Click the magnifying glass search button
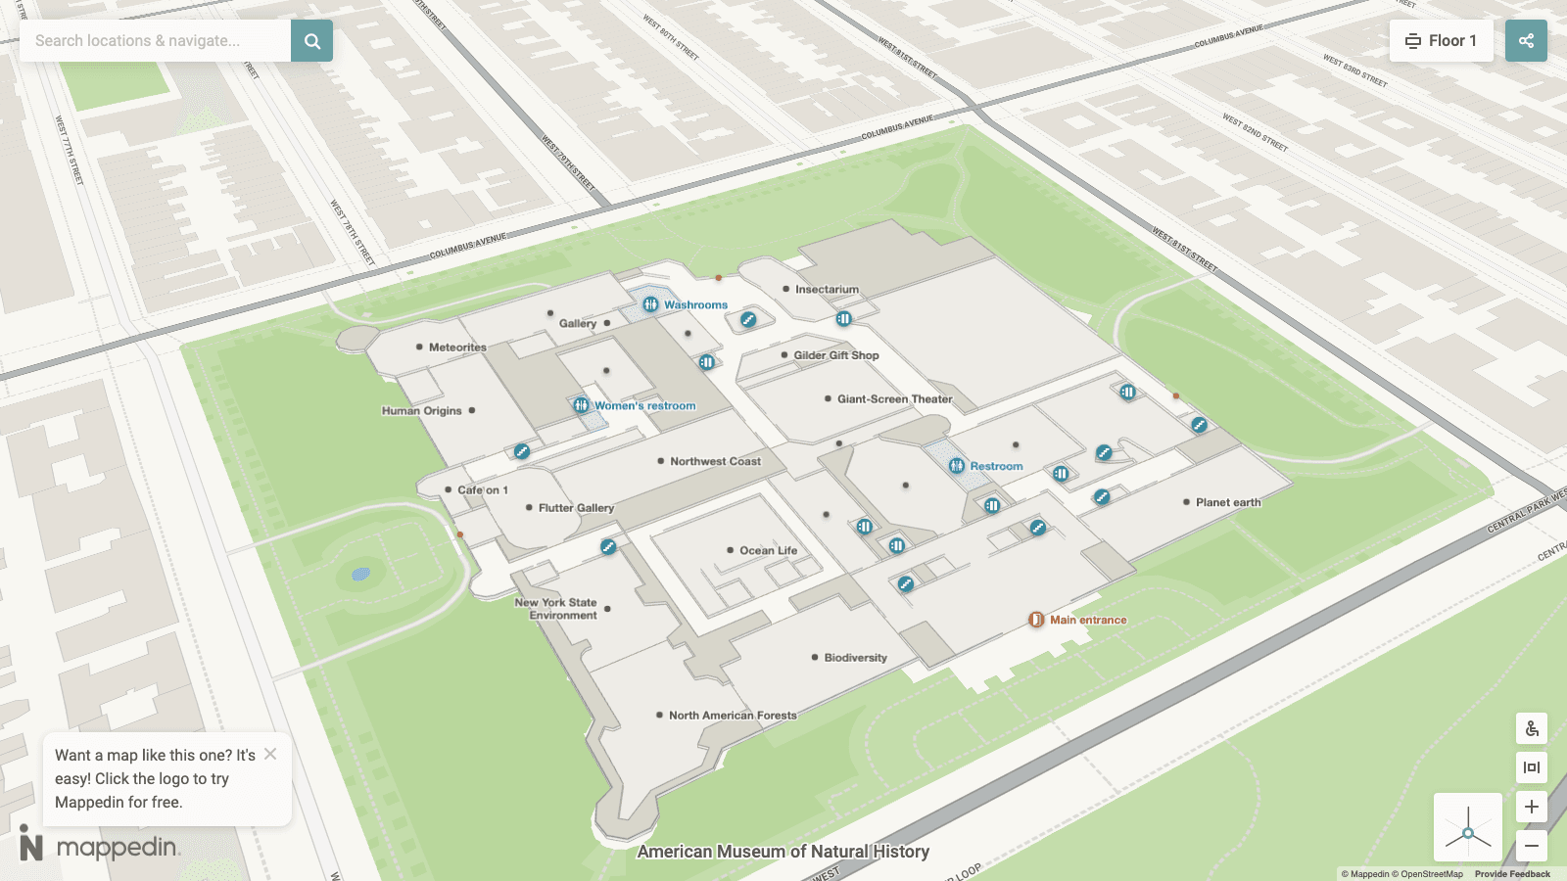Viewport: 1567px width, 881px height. point(311,41)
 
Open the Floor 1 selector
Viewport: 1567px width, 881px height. point(1441,41)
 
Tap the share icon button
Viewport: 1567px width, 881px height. point(1526,41)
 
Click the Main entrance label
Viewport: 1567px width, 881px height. point(1087,620)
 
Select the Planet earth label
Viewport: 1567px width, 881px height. point(1227,502)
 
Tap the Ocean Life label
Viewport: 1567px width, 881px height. point(768,550)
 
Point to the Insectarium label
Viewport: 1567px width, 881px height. point(827,290)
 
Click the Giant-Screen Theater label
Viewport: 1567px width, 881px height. point(894,399)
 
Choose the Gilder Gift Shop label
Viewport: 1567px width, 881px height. point(835,355)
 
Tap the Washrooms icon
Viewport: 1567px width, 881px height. point(650,304)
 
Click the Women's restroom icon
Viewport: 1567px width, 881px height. point(581,405)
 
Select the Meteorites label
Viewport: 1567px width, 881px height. point(456,348)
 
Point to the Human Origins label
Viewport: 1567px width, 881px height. point(422,411)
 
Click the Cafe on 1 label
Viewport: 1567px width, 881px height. point(482,490)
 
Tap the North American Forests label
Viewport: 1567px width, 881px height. point(733,716)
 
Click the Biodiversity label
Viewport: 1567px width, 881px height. point(855,658)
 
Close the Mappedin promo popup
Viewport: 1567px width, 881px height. point(270,754)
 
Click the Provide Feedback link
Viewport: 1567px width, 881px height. point(1512,874)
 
